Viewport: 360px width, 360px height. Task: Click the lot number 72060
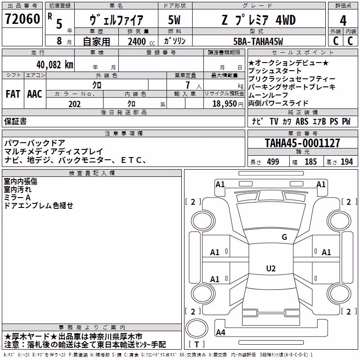click(x=22, y=18)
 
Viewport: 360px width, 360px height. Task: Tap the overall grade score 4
click(x=343, y=21)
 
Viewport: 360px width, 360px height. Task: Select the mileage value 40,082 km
click(x=55, y=65)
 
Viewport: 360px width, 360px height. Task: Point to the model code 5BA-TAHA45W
click(x=258, y=41)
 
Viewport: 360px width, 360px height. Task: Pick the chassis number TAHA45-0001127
click(x=302, y=143)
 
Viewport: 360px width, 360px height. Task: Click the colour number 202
click(x=75, y=104)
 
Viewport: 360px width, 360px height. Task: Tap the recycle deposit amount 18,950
click(x=225, y=104)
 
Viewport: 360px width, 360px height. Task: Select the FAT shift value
click(x=13, y=94)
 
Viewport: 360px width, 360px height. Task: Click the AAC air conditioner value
click(x=35, y=94)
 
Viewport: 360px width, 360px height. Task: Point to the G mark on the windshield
click(x=284, y=237)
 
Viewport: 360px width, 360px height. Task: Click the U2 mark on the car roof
click(x=271, y=268)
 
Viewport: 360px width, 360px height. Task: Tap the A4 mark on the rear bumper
click(x=220, y=332)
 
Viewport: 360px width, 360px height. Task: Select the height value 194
click(x=346, y=162)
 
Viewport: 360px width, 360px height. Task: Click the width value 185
click(x=310, y=162)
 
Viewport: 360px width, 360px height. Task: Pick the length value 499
click(x=273, y=162)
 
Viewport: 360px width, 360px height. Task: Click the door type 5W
click(x=174, y=20)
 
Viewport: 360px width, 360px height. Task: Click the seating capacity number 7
click(x=188, y=85)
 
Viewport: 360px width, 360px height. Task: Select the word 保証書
click(x=15, y=121)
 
